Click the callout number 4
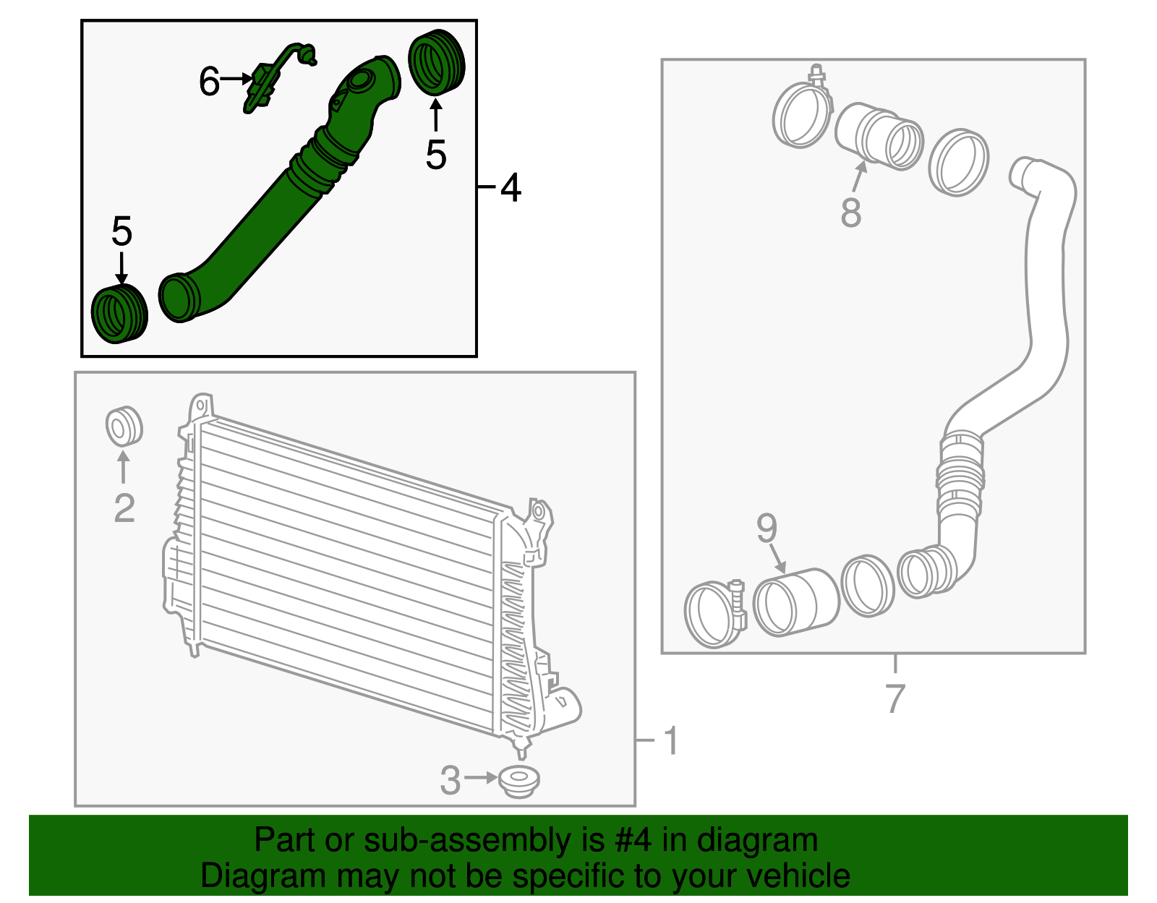511,188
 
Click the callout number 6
209,81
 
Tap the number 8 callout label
851,213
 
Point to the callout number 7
895,698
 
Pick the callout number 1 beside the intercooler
671,741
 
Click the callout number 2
124,508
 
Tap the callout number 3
450,780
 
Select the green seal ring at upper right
436,63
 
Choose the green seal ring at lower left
119,314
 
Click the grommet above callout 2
124,427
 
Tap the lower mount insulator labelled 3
519,782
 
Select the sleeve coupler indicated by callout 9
795,602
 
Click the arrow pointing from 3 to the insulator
481,778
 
